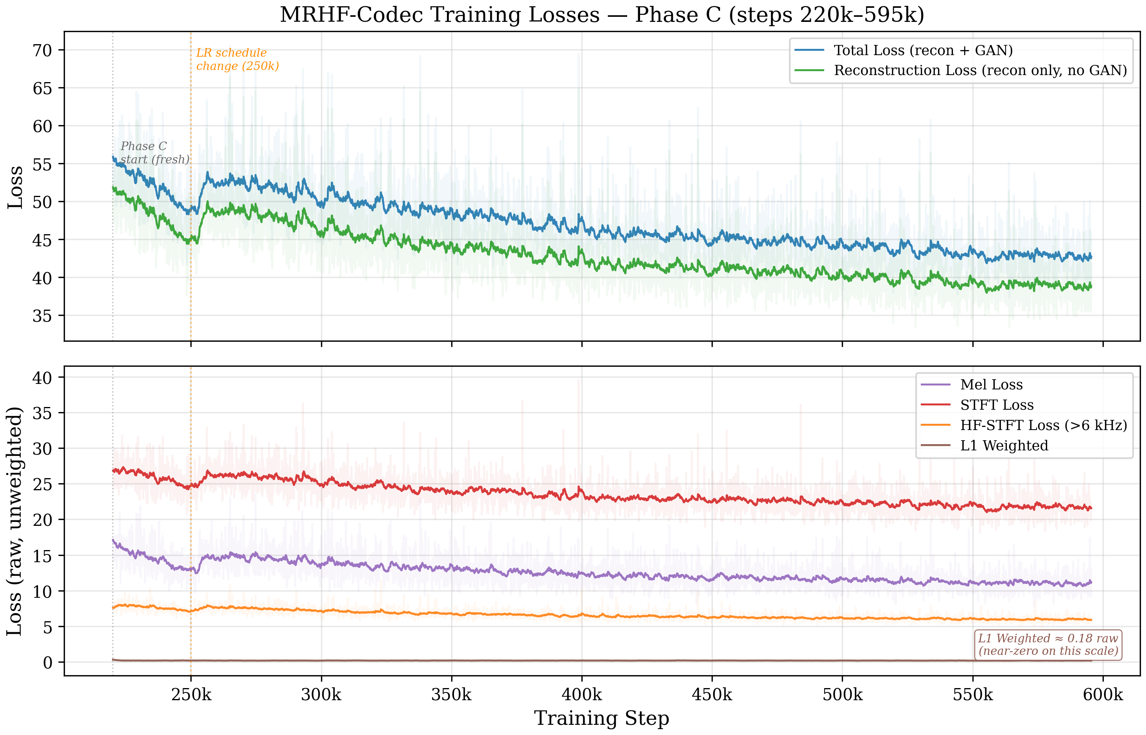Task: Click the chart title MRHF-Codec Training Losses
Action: click(601, 15)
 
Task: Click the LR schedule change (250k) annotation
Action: click(237, 59)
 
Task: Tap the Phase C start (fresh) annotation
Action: click(154, 153)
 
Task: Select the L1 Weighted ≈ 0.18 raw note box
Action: click(1048, 644)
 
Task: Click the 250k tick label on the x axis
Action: click(191, 694)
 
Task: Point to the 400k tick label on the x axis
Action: click(581, 694)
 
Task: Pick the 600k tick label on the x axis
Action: click(1103, 694)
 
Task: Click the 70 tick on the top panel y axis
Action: click(42, 50)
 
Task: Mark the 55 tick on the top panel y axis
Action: click(42, 164)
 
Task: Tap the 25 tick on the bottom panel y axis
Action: click(42, 484)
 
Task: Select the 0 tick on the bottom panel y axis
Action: click(47, 662)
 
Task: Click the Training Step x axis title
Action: click(601, 718)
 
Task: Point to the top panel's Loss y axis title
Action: click(15, 187)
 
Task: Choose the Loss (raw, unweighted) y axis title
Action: click(15, 521)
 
